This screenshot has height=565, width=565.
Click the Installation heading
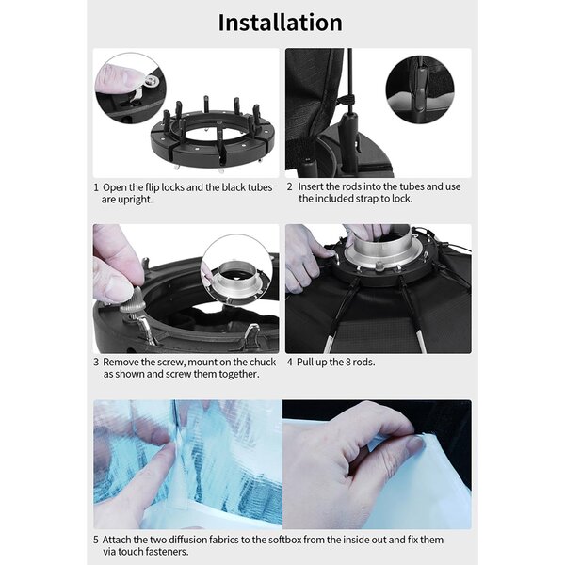click(x=280, y=23)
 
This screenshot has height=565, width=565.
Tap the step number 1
click(x=96, y=187)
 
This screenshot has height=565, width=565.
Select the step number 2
click(x=290, y=186)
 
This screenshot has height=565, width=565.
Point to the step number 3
click(x=96, y=362)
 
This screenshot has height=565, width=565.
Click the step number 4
click(x=290, y=362)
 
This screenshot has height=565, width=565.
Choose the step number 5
click(x=96, y=540)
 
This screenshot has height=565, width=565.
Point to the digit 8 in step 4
click(x=348, y=362)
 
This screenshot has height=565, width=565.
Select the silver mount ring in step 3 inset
click(x=236, y=280)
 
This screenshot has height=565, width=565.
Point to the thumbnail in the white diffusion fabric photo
click(x=414, y=445)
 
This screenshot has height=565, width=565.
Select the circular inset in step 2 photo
click(x=420, y=89)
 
